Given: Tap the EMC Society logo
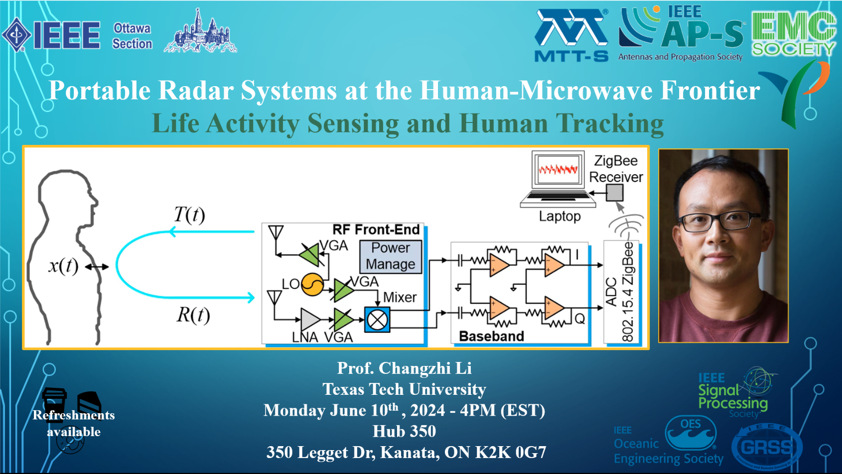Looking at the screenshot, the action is pyautogui.click(x=793, y=34).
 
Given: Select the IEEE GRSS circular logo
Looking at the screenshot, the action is pyautogui.click(x=767, y=447).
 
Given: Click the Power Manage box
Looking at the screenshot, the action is pyautogui.click(x=391, y=256).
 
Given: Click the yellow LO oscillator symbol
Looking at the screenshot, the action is pyautogui.click(x=312, y=284).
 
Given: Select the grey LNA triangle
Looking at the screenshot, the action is pyautogui.click(x=310, y=319).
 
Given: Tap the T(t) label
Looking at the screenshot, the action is pyautogui.click(x=189, y=215).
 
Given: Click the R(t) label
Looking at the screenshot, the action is pyautogui.click(x=193, y=315).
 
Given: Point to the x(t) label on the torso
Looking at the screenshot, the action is pyautogui.click(x=63, y=266).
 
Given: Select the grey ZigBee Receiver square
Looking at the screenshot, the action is pyautogui.click(x=615, y=193).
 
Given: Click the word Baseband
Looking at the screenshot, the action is pyautogui.click(x=491, y=336).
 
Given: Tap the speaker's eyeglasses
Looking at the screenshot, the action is pyautogui.click(x=720, y=222).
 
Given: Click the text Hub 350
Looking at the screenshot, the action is pyautogui.click(x=405, y=431).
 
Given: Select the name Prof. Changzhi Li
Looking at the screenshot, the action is pyautogui.click(x=405, y=368).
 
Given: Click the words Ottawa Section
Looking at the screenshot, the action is pyautogui.click(x=133, y=36).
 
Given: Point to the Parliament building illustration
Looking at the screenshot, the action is pyautogui.click(x=200, y=31).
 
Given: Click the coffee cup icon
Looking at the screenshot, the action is pyautogui.click(x=54, y=400).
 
